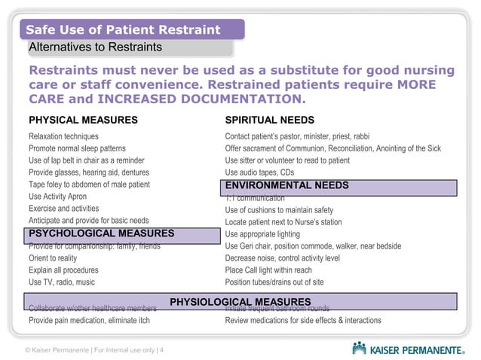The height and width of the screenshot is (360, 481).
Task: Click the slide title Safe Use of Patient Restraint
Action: point(123,30)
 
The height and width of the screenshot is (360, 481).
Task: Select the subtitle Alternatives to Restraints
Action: point(95,47)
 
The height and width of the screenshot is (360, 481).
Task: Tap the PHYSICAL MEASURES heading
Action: point(83,120)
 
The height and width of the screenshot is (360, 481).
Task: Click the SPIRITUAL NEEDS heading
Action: point(269,120)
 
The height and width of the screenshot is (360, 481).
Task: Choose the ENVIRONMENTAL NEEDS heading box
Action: point(286,185)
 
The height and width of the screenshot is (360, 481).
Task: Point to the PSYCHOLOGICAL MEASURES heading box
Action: point(101,233)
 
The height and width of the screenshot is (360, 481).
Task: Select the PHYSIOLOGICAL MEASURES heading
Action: point(240,303)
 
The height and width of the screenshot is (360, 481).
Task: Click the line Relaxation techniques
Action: point(63,136)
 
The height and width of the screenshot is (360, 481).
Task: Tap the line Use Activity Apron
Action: point(57,197)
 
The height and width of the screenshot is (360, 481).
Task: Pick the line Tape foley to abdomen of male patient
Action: point(89,185)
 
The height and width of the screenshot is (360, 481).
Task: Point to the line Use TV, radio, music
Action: point(62,282)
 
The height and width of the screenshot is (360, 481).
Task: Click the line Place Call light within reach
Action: point(268,270)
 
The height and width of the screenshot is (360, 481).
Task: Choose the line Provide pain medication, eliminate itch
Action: point(89,320)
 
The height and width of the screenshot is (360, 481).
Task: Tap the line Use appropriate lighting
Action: point(262,233)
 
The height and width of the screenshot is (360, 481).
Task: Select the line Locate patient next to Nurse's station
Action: point(283,221)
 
